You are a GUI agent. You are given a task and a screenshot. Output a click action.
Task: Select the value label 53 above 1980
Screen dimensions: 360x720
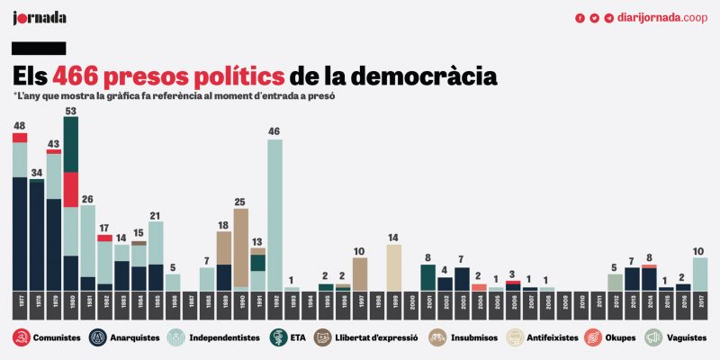pyautogui.click(x=70, y=111)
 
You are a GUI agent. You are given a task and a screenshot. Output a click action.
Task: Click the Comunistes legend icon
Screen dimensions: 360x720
pyautogui.click(x=20, y=338)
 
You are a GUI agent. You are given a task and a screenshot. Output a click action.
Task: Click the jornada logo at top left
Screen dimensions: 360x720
pyautogui.click(x=40, y=17)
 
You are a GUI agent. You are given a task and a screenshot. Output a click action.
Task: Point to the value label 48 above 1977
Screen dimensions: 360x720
pyautogui.click(x=19, y=125)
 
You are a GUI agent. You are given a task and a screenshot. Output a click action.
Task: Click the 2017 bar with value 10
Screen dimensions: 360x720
pyautogui.click(x=699, y=274)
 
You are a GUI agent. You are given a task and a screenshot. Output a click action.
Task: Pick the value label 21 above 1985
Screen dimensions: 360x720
pyautogui.click(x=156, y=215)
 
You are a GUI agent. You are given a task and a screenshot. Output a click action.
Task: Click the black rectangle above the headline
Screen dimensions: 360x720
pyautogui.click(x=39, y=48)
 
